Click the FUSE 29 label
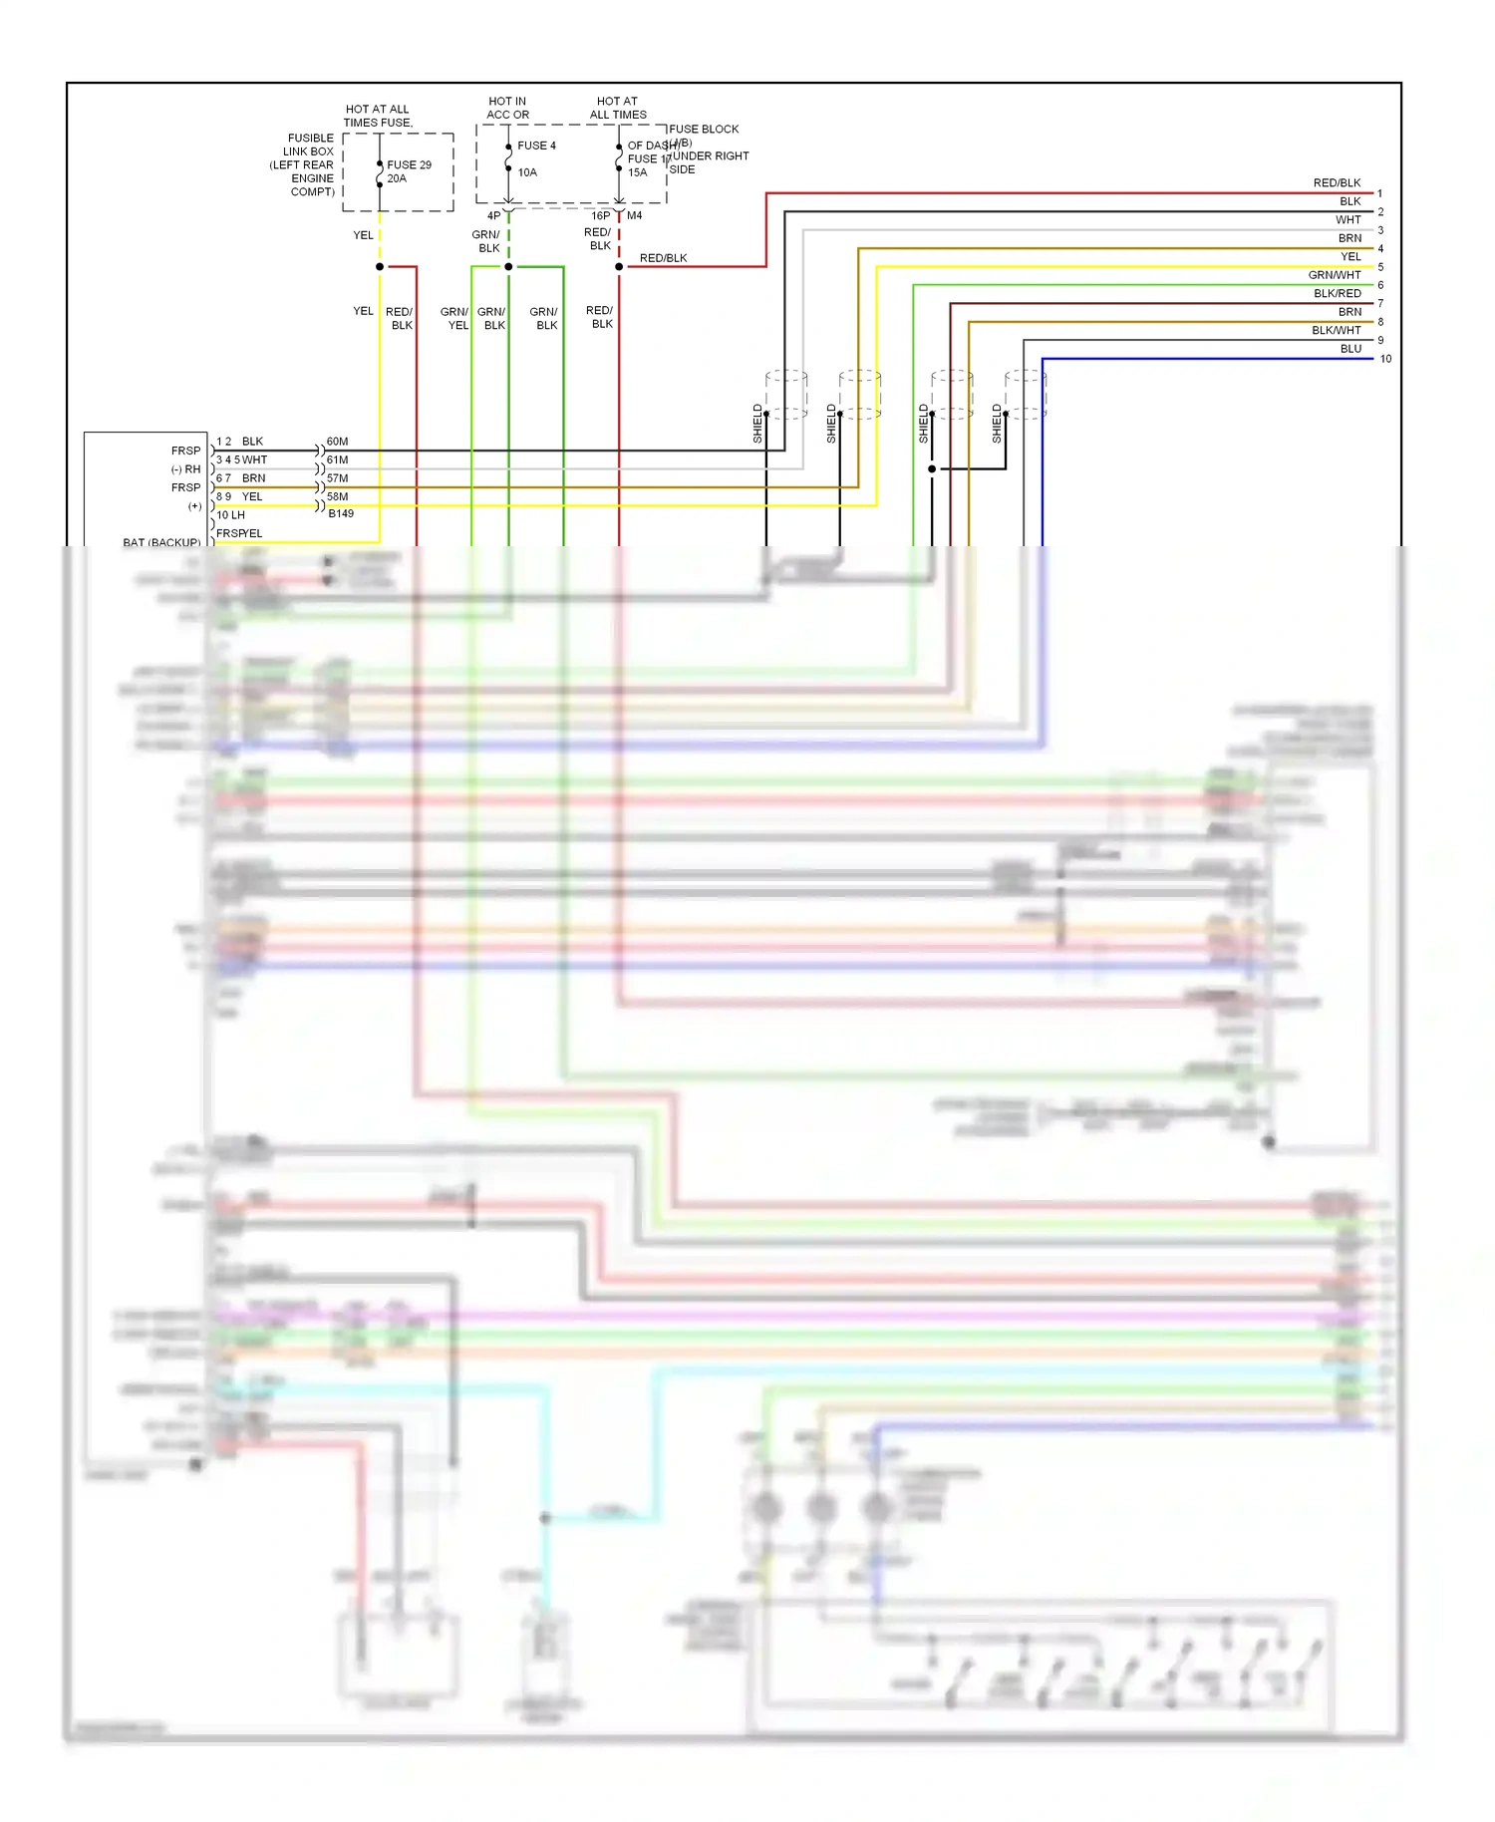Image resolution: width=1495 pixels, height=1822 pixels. click(x=409, y=164)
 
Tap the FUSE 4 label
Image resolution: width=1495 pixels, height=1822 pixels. click(x=536, y=146)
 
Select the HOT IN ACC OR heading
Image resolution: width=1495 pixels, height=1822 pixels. click(x=507, y=108)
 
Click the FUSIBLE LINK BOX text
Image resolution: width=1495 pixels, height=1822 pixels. click(x=310, y=145)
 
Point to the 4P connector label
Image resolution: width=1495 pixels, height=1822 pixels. click(x=493, y=215)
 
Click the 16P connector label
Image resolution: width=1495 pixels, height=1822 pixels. click(x=600, y=215)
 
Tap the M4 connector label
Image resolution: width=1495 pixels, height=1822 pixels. click(x=635, y=215)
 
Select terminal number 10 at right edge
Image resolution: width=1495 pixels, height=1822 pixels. click(x=1385, y=359)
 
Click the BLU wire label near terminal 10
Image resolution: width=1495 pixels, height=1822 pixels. click(x=1350, y=349)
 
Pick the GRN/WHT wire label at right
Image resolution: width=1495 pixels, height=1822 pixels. click(x=1334, y=275)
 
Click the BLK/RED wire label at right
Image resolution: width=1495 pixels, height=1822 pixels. click(x=1337, y=293)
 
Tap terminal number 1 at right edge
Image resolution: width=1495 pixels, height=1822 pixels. click(x=1379, y=193)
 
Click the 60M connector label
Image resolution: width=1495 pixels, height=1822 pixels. click(x=337, y=442)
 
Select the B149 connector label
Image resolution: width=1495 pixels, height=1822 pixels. click(x=341, y=513)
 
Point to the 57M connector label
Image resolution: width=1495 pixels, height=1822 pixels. click(x=337, y=478)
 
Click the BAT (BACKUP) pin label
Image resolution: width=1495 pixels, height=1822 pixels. click(x=161, y=542)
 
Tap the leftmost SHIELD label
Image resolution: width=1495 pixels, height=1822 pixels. click(x=757, y=424)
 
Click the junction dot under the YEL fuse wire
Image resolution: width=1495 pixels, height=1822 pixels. click(x=380, y=266)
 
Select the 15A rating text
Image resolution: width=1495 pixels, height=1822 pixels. click(x=637, y=172)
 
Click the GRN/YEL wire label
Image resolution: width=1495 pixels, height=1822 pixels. click(x=455, y=319)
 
